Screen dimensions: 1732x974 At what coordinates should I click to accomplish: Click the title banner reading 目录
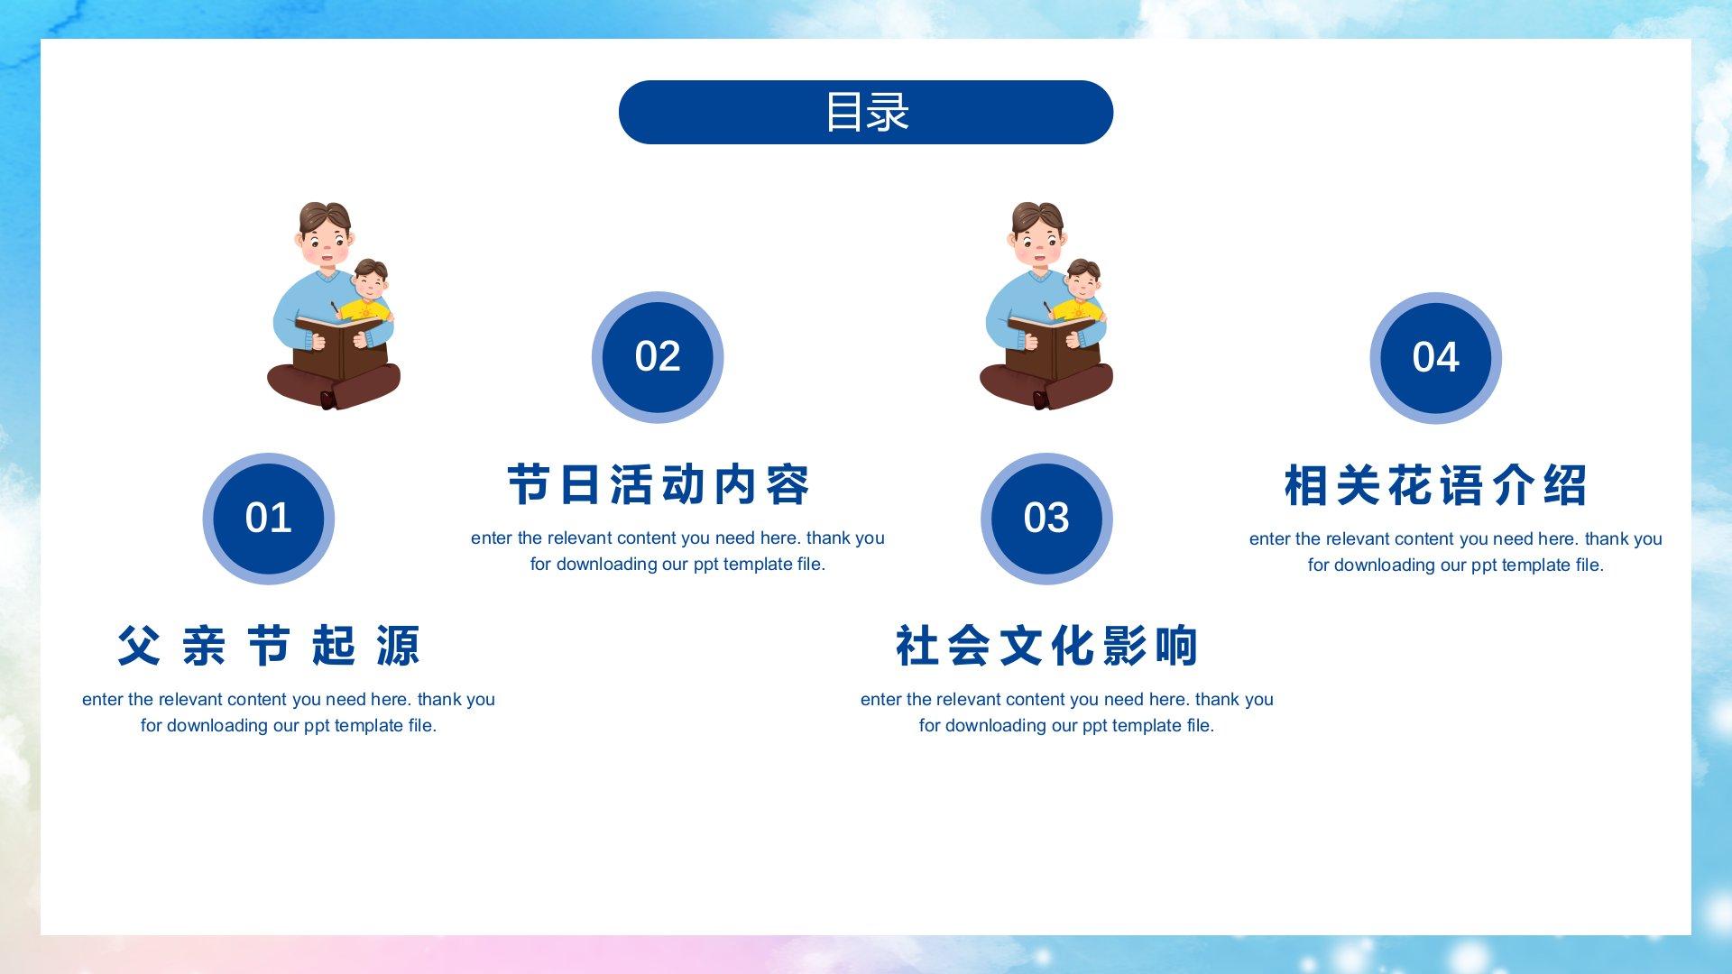(x=866, y=112)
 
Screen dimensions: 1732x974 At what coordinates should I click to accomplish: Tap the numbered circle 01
(x=269, y=519)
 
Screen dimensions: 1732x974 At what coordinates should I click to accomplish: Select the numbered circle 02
(x=658, y=357)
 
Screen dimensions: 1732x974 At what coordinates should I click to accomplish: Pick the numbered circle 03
(x=1046, y=519)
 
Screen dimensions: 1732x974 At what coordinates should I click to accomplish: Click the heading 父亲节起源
(x=269, y=646)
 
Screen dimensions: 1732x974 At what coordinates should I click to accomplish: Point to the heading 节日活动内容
(x=659, y=484)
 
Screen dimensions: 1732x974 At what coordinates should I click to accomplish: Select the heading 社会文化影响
(x=1046, y=646)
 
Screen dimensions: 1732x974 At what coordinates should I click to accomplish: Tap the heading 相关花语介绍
(x=1435, y=485)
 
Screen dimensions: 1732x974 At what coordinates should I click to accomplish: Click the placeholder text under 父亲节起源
(x=289, y=712)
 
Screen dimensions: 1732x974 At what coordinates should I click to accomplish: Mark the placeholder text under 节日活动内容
(x=677, y=551)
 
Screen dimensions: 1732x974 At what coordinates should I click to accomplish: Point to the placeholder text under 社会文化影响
(x=1066, y=712)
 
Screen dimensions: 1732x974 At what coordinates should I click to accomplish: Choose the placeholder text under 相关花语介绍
(x=1455, y=552)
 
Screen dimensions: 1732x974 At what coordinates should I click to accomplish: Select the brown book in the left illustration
(x=340, y=345)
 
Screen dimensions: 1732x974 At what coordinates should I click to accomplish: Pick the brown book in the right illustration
(x=1053, y=345)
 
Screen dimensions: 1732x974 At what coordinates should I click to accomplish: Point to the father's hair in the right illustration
(x=1037, y=217)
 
